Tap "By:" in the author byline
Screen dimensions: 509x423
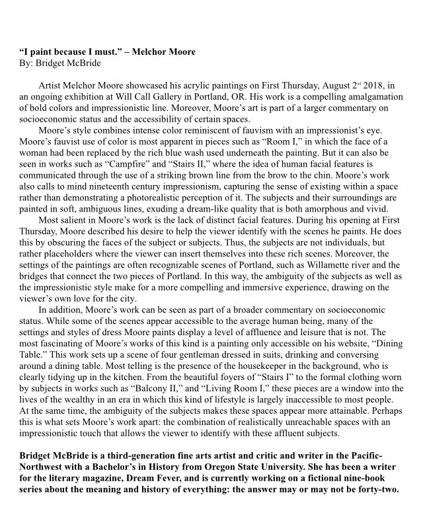pyautogui.click(x=27, y=64)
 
